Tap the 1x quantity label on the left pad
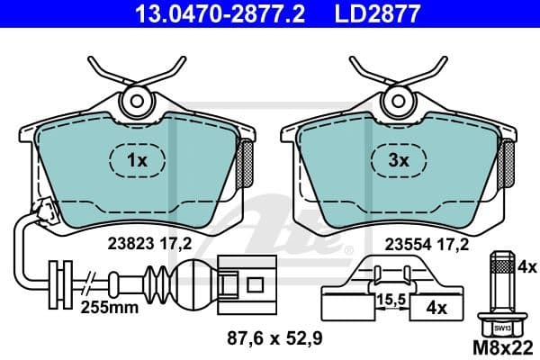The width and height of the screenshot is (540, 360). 137,161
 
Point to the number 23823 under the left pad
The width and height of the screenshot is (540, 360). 128,241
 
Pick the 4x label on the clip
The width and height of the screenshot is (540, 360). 436,307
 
